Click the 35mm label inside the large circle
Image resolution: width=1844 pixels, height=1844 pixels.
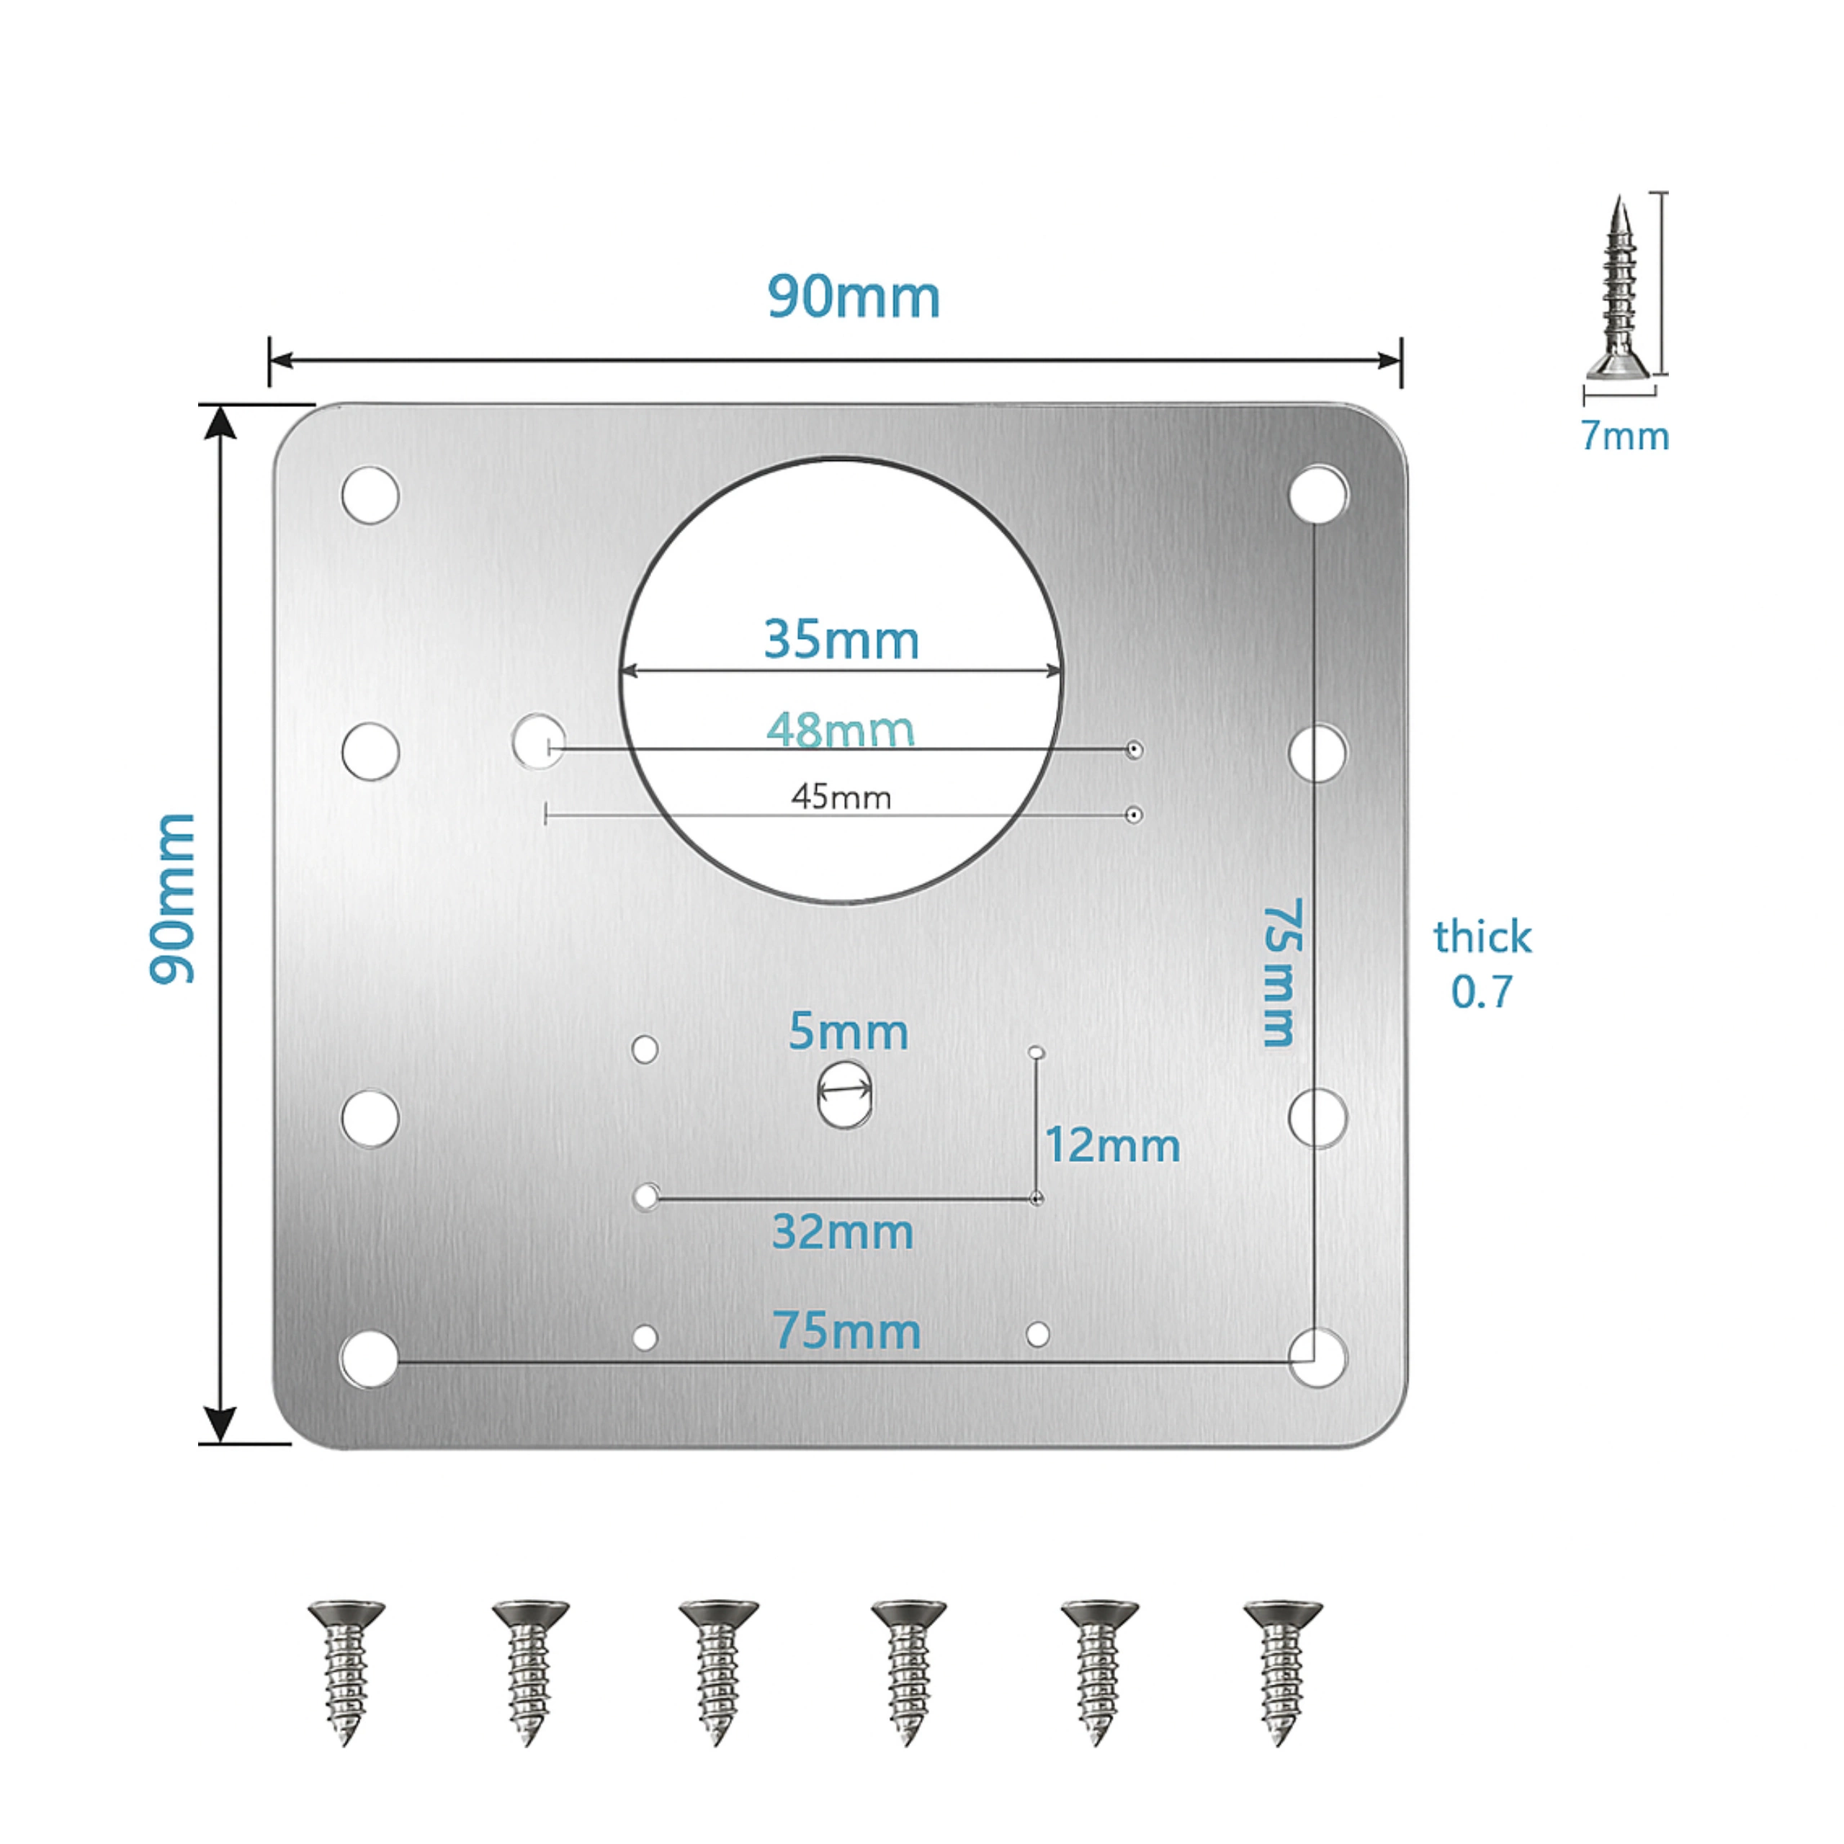pos(841,640)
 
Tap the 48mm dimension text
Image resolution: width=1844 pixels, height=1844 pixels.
pos(840,730)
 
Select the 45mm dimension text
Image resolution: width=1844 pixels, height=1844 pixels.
pos(841,797)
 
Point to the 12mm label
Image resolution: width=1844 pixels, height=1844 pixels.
pos(1112,1145)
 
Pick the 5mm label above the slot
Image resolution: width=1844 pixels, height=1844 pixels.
pos(848,1031)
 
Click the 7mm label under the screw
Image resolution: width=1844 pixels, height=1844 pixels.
pos(1624,437)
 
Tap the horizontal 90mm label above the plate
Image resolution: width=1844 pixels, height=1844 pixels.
pos(854,297)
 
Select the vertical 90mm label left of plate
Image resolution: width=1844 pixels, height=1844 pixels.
pos(173,898)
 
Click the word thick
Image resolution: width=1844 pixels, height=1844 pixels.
pos(1481,937)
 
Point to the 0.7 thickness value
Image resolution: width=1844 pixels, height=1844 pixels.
pos(1481,993)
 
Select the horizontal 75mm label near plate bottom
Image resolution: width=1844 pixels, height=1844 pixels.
pos(846,1330)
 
